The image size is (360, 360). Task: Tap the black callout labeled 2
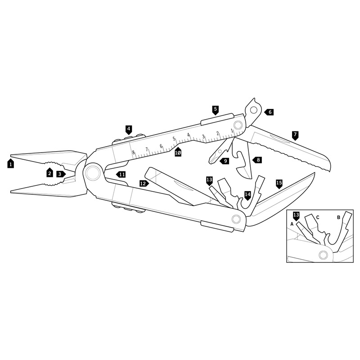[x=49, y=173]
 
